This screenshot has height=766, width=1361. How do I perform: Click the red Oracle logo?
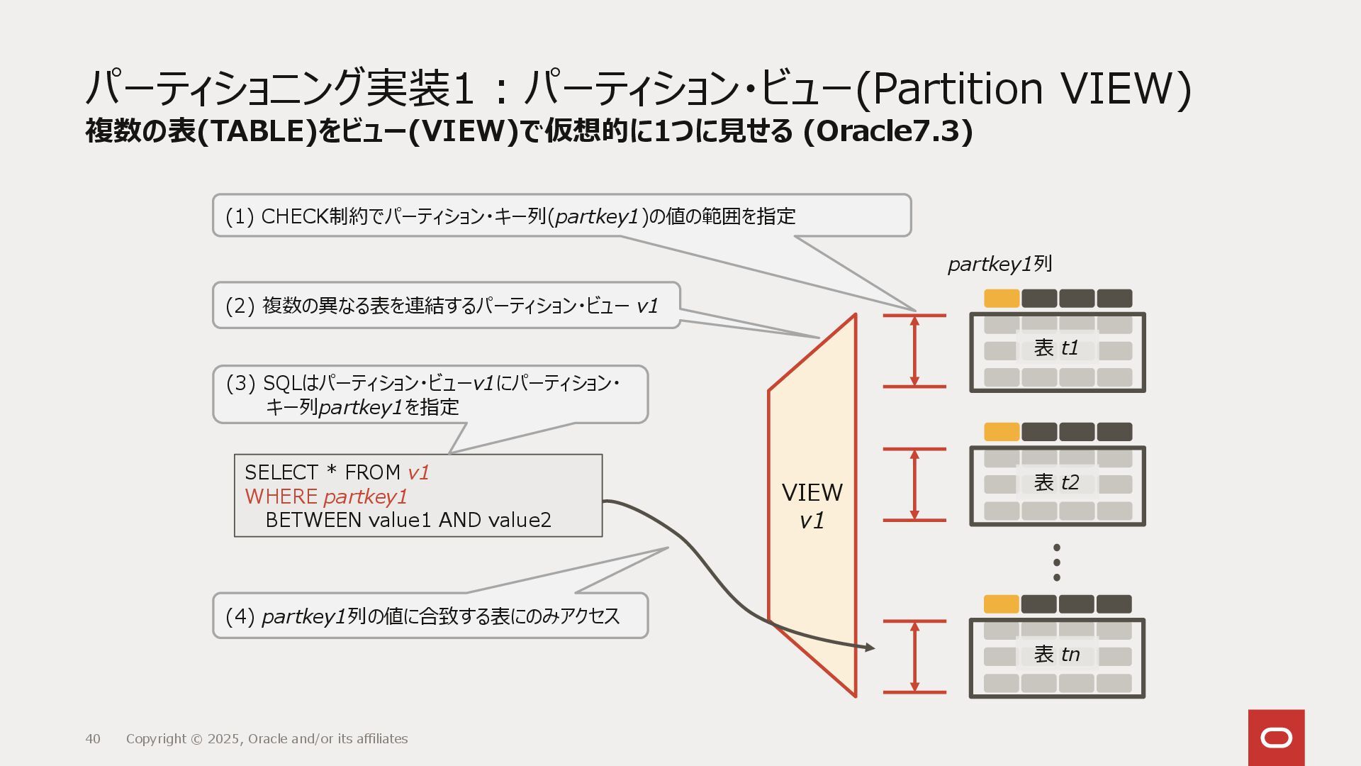pyautogui.click(x=1276, y=738)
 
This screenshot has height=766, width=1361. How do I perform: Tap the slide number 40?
pyautogui.click(x=93, y=739)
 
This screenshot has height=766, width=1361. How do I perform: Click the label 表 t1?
pyautogui.click(x=1056, y=348)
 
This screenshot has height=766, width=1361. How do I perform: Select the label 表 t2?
pyautogui.click(x=1056, y=483)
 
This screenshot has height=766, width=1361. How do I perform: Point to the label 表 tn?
pyautogui.click(x=1056, y=654)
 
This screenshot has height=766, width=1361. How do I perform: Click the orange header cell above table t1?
pyautogui.click(x=1002, y=299)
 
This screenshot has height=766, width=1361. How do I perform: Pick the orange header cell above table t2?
pyautogui.click(x=1002, y=432)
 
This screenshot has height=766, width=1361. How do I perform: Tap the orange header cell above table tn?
pyautogui.click(x=1002, y=604)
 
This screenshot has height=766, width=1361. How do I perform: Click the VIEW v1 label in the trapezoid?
pyautogui.click(x=812, y=506)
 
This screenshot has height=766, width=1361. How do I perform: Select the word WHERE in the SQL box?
pyautogui.click(x=281, y=496)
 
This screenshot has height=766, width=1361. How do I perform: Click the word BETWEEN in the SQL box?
pyautogui.click(x=313, y=520)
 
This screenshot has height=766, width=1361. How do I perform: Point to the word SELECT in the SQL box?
pyautogui.click(x=281, y=472)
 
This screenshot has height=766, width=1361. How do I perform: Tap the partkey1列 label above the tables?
pyautogui.click(x=999, y=265)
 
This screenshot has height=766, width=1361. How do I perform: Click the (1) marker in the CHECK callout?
pyautogui.click(x=240, y=216)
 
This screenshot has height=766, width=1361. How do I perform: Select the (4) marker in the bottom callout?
pyautogui.click(x=240, y=616)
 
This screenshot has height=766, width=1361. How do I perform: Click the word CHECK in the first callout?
pyautogui.click(x=295, y=216)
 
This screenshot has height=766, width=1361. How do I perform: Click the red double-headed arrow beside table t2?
pyautogui.click(x=914, y=484)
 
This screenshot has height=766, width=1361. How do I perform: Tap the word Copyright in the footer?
pyautogui.click(x=157, y=739)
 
